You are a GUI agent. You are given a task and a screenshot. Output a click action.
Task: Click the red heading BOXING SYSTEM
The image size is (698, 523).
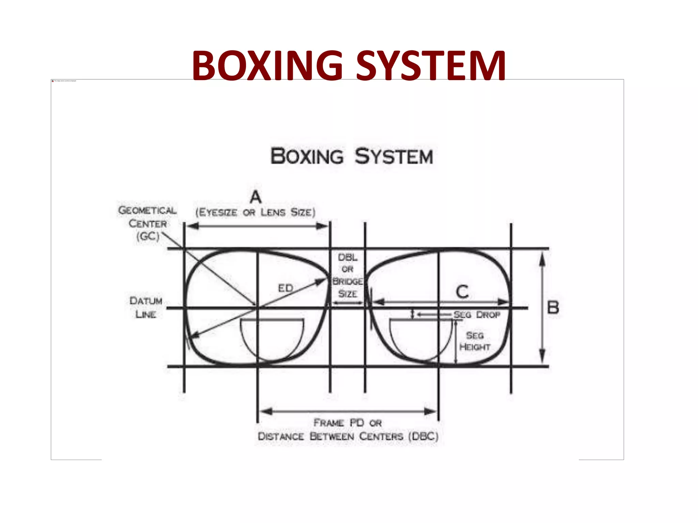tap(348, 65)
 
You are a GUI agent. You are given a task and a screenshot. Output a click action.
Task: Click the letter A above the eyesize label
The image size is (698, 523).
tap(256, 197)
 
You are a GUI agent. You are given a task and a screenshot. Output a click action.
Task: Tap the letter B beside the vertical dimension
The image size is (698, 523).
tap(553, 307)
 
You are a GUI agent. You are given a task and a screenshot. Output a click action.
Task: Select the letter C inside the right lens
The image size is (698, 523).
tap(462, 292)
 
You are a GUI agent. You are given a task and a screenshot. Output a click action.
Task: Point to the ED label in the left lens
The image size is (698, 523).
tap(286, 288)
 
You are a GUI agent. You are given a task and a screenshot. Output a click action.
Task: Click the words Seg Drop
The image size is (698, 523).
tap(477, 315)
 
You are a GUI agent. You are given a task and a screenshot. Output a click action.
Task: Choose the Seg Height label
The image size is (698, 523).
tap(475, 341)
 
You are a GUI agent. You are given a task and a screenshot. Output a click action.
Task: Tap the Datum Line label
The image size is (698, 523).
tap(146, 307)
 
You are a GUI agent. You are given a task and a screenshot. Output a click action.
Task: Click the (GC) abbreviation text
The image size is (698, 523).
tap(148, 236)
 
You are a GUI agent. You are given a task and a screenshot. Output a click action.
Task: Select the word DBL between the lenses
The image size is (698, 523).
tap(348, 257)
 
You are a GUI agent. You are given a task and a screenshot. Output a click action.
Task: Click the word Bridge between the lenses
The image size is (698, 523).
tap(348, 282)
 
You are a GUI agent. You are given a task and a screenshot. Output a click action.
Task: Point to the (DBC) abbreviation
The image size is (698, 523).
tap(423, 436)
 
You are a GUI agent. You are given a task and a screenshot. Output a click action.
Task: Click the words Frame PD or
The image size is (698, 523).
tap(348, 423)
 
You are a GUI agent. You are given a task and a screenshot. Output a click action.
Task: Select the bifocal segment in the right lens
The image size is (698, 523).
tap(421, 337)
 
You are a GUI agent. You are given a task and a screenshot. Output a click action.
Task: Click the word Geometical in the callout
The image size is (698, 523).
tap(147, 210)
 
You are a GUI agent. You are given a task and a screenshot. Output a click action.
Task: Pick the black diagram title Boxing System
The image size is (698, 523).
tap(352, 156)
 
